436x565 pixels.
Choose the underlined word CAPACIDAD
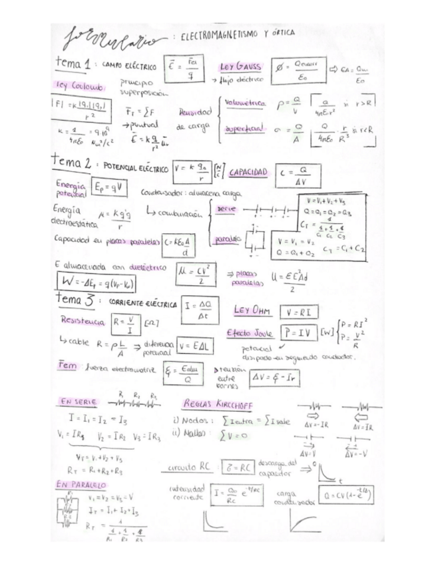248,172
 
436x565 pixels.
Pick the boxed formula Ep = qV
107,188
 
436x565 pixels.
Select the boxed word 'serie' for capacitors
226,209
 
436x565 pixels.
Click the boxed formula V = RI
299,311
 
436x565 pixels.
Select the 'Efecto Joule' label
248,333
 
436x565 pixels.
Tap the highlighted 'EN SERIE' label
79,402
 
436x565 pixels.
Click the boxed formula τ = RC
238,468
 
